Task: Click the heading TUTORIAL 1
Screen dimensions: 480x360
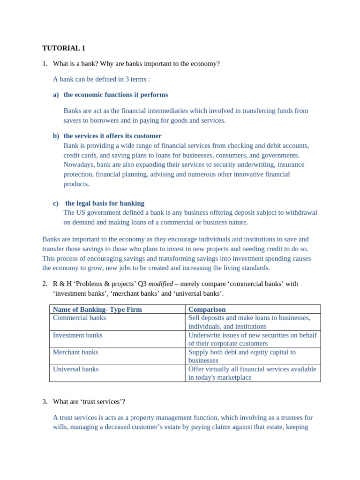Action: pyautogui.click(x=64, y=48)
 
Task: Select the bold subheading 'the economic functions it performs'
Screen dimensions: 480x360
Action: pyautogui.click(x=116, y=95)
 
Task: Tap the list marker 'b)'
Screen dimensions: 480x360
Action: pyautogui.click(x=56, y=136)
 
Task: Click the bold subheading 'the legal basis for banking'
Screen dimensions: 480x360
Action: pyautogui.click(x=105, y=203)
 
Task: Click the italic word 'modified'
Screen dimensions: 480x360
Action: pyautogui.click(x=160, y=284)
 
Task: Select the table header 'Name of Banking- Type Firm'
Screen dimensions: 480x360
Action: pyautogui.click(x=97, y=309)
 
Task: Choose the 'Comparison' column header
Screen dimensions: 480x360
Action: pyautogui.click(x=207, y=309)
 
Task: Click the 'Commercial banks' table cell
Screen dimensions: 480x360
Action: pyautogui.click(x=79, y=318)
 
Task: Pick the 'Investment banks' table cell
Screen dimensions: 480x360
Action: pyautogui.click(x=77, y=335)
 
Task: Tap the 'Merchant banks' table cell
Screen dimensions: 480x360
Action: pyautogui.click(x=75, y=352)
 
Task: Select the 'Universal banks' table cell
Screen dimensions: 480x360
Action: pyautogui.click(x=75, y=369)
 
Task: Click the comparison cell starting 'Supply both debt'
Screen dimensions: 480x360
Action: pyautogui.click(x=242, y=356)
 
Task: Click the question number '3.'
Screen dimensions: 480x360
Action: pyautogui.click(x=45, y=401)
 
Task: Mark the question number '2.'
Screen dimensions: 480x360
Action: pyautogui.click(x=45, y=284)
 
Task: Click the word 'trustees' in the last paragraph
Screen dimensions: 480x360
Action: pyautogui.click(x=289, y=417)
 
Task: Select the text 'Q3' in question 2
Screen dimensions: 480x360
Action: pyautogui.click(x=142, y=284)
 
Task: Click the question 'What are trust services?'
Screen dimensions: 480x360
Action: pyautogui.click(x=89, y=401)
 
